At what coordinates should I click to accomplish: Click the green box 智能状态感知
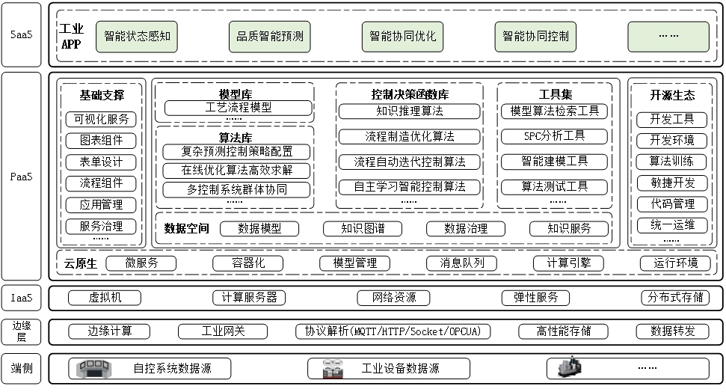tap(136, 36)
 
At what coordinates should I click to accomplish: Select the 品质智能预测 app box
tap(270, 36)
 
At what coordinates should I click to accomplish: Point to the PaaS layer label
tap(21, 177)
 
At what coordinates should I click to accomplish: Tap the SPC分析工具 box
tap(554, 136)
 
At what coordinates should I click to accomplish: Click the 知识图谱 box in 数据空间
tap(363, 229)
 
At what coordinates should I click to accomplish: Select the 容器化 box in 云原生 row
tap(249, 263)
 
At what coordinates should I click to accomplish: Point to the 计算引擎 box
tap(568, 263)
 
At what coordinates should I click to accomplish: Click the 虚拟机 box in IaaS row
tap(105, 297)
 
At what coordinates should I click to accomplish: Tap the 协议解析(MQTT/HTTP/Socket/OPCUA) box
tap(393, 331)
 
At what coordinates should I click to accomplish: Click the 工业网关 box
tap(223, 331)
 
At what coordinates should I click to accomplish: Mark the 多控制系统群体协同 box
tap(237, 189)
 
